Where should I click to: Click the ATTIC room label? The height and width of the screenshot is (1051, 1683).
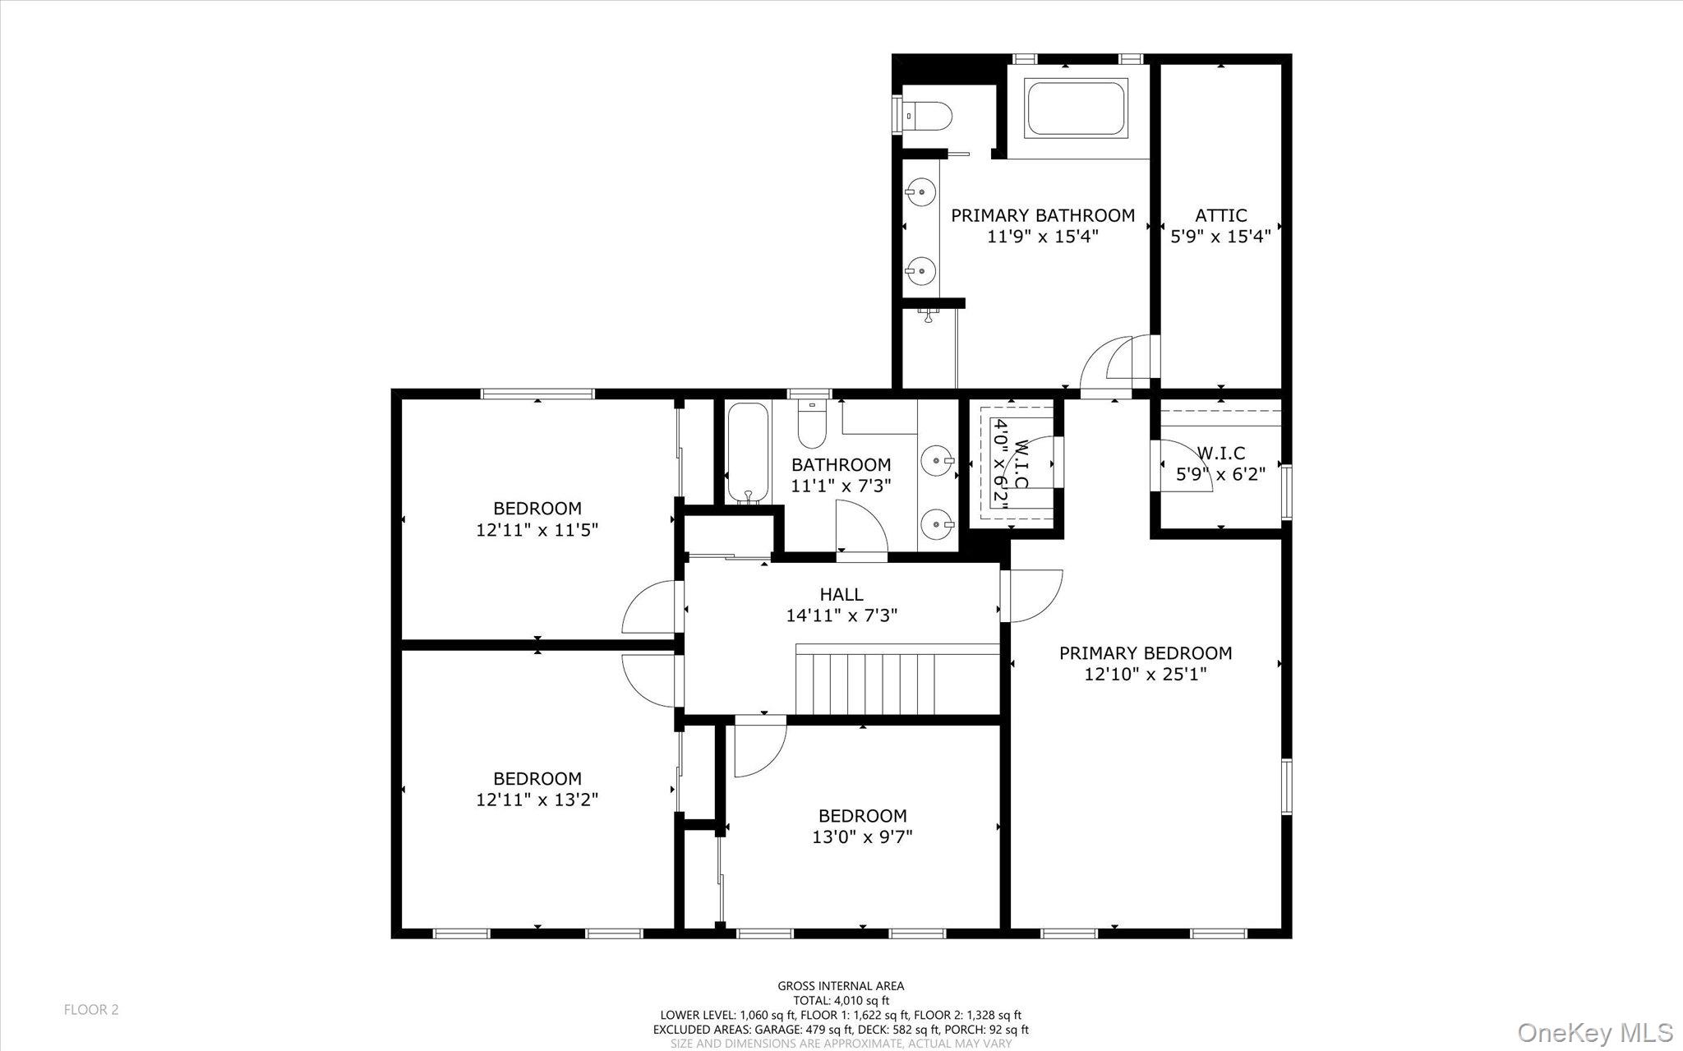[1220, 215]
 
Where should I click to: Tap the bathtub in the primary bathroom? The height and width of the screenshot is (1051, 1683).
[1077, 108]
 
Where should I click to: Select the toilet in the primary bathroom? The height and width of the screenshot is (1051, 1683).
[928, 116]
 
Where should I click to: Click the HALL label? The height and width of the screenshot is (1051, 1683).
[841, 594]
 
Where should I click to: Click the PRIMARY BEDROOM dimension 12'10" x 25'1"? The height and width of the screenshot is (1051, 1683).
[1145, 675]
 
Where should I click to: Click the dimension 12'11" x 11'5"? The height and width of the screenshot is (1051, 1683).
[537, 530]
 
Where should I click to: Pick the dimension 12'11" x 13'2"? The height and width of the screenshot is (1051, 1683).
[537, 800]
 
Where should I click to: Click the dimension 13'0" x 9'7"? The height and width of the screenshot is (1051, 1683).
[862, 837]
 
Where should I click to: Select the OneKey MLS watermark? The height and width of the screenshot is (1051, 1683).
[1594, 1032]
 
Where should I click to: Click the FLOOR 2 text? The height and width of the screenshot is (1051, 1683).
[91, 1010]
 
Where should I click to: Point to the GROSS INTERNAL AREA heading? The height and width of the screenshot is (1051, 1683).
[841, 986]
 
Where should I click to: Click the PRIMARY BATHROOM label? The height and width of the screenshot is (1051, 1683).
[1042, 215]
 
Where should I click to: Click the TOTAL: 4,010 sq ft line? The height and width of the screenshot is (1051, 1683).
[841, 1001]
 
